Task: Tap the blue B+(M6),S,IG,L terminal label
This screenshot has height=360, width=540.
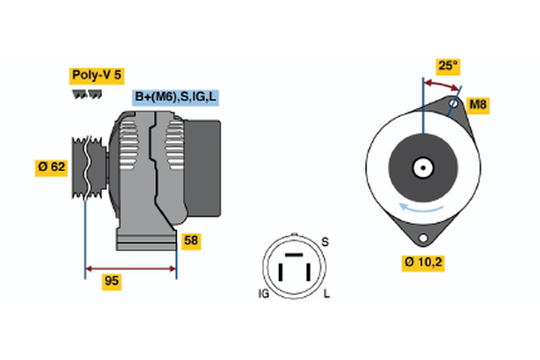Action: tap(175, 97)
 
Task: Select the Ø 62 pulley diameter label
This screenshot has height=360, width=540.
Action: tap(51, 166)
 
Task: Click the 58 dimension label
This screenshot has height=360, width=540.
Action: tap(191, 240)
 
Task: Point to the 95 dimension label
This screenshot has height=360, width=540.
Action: tap(112, 282)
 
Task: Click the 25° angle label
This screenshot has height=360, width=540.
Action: tap(447, 66)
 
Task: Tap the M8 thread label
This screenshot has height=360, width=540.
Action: tap(479, 106)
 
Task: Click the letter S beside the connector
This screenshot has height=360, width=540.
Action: tap(326, 242)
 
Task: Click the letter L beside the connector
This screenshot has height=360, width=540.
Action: tap(327, 294)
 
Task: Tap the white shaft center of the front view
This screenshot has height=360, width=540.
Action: tap(421, 167)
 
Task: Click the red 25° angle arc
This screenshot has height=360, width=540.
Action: tap(441, 84)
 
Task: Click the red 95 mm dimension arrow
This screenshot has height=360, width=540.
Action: tap(130, 268)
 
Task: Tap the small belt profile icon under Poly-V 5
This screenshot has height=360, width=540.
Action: tap(88, 93)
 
